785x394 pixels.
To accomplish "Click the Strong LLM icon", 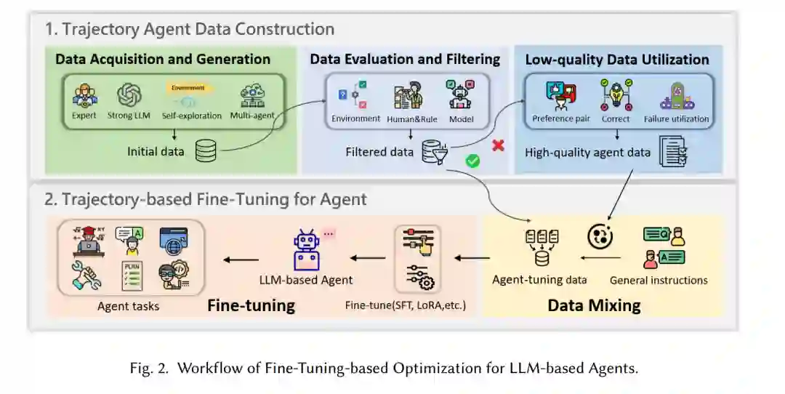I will pyautogui.click(x=129, y=95).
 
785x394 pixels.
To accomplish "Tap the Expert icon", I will pyautogui.click(x=85, y=95).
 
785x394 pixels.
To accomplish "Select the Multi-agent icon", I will pyautogui.click(x=253, y=95).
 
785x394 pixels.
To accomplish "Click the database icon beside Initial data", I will pyautogui.click(x=206, y=151).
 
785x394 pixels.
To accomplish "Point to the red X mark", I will pyautogui.click(x=498, y=145).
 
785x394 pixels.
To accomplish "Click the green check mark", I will pyautogui.click(x=472, y=161).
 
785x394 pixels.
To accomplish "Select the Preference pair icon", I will pyautogui.click(x=560, y=95).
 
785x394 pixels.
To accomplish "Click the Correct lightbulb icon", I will pyautogui.click(x=616, y=95).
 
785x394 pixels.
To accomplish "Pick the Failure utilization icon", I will pyautogui.click(x=676, y=95).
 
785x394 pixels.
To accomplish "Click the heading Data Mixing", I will pyautogui.click(x=594, y=305).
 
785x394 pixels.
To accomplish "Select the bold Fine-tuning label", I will pyautogui.click(x=251, y=305).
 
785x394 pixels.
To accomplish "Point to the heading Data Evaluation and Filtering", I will pyautogui.click(x=405, y=60).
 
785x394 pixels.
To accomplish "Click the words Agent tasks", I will pyautogui.click(x=129, y=306).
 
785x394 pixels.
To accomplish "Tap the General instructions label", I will pyautogui.click(x=659, y=280).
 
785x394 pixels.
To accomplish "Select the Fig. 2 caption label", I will pyautogui.click(x=384, y=368).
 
